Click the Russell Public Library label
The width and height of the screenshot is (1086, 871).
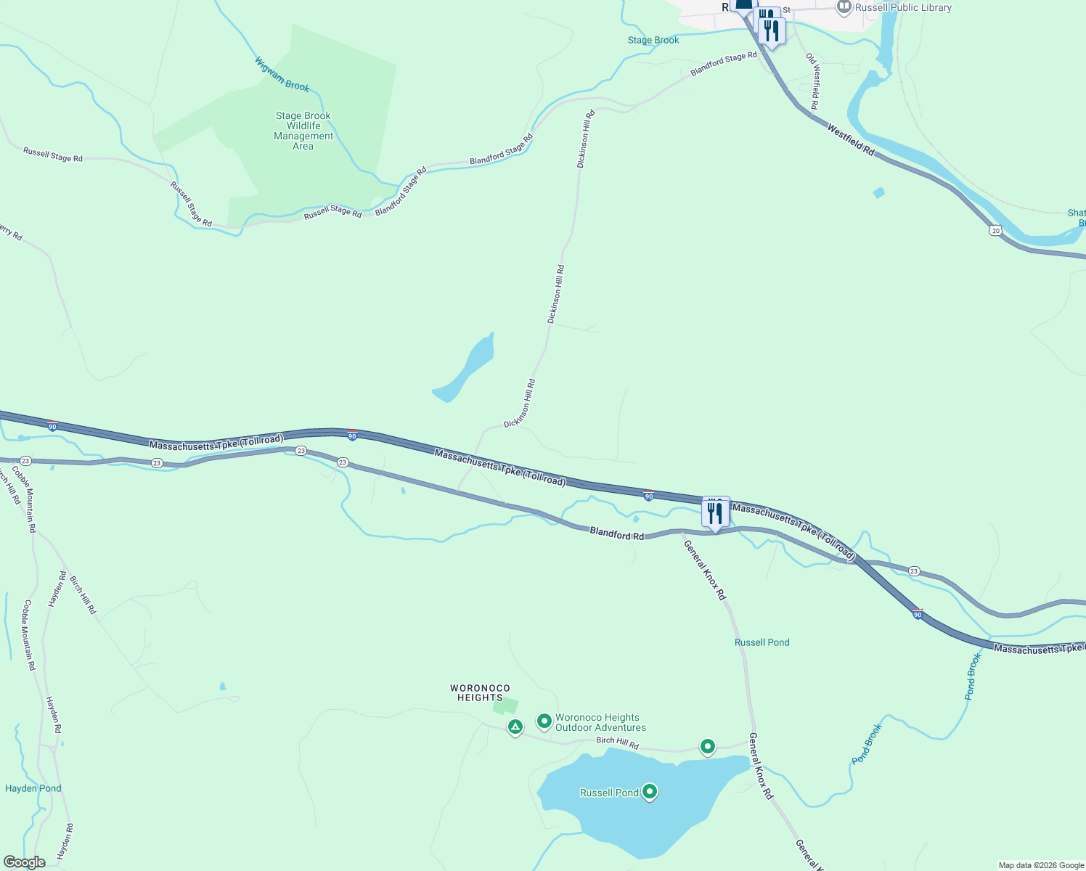tap(903, 8)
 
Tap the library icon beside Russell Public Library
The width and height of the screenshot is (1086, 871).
tap(844, 7)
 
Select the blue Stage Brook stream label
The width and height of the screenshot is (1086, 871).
tap(653, 40)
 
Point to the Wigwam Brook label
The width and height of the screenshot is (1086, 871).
tap(282, 75)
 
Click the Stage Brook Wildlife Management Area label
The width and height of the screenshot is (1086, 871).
tap(303, 131)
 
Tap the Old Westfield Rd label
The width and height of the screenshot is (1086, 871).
tap(813, 81)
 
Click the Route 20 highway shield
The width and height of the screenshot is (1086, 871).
tap(995, 230)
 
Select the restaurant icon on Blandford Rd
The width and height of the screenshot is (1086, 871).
tap(715, 513)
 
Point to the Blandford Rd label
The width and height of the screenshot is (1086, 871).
tap(616, 534)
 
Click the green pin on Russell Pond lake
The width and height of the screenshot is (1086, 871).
tap(650, 792)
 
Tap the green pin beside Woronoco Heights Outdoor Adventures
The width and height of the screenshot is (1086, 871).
tap(544, 721)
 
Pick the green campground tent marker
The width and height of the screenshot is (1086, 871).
tap(515, 726)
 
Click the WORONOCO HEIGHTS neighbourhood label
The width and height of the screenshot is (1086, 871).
tap(480, 692)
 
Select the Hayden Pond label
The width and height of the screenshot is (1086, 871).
tap(33, 788)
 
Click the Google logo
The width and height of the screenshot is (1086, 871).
tap(24, 862)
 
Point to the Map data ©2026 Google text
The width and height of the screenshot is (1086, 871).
tap(1040, 865)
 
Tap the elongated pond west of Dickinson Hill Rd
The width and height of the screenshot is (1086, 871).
tap(465, 369)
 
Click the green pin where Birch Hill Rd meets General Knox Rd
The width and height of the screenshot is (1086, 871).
tap(707, 745)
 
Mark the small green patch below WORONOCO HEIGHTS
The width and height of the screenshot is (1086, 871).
tap(506, 705)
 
